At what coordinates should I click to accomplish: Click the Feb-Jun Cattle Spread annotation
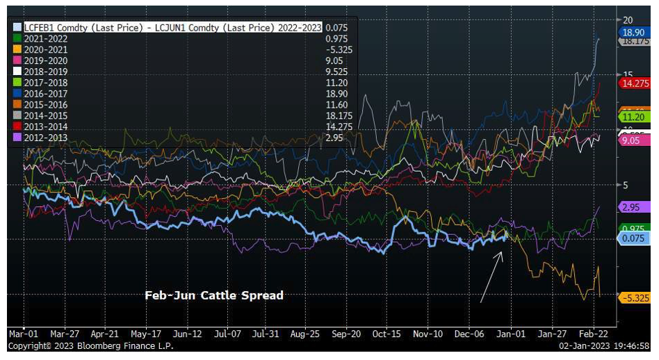click(x=214, y=295)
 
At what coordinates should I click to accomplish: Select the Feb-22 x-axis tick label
click(x=595, y=334)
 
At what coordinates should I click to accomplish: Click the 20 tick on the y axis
click(x=628, y=19)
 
